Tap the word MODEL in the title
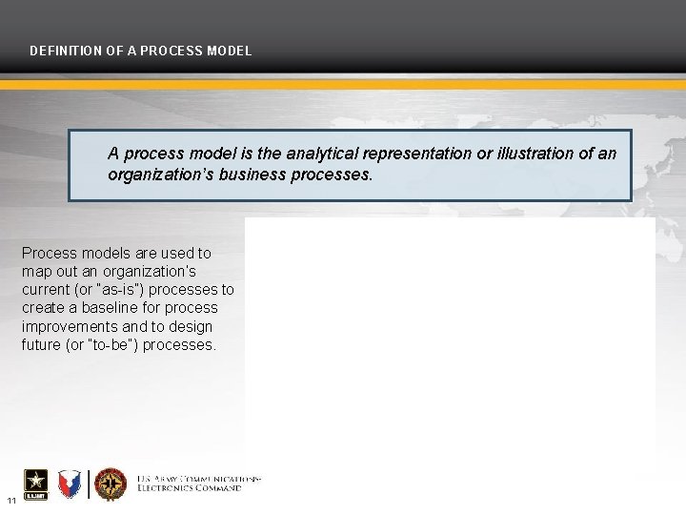230,51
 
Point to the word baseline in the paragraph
108,308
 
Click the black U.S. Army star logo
37,484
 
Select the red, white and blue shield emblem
71,484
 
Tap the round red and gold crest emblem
111,484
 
